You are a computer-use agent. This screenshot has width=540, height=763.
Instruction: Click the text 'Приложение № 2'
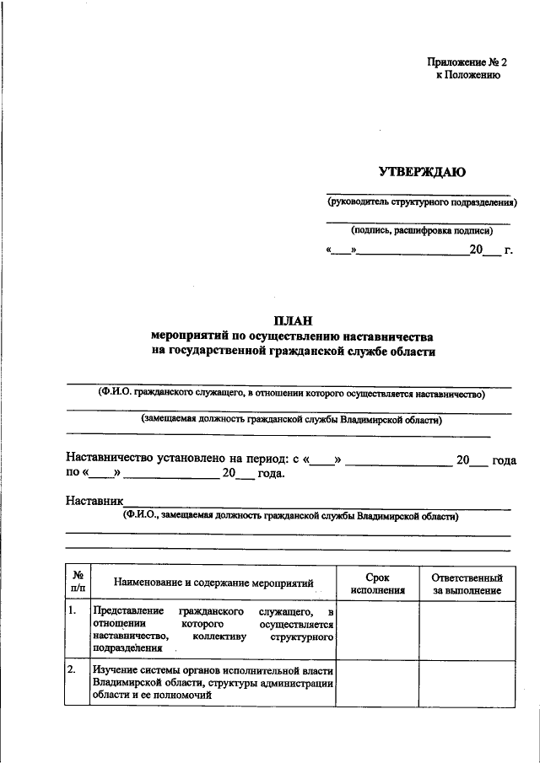[467, 62]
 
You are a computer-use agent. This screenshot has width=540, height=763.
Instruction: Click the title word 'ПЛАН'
[292, 320]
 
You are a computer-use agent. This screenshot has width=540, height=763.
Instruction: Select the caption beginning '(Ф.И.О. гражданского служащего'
[291, 392]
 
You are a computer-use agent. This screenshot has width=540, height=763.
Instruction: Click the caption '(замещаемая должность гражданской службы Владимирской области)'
[291, 419]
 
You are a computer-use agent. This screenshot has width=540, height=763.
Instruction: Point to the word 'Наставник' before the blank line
[94, 501]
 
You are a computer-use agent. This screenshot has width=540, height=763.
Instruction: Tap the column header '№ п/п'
[78, 583]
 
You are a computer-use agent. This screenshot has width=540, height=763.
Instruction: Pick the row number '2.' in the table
[74, 670]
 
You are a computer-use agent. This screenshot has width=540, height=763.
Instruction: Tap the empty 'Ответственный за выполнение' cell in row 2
[467, 683]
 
